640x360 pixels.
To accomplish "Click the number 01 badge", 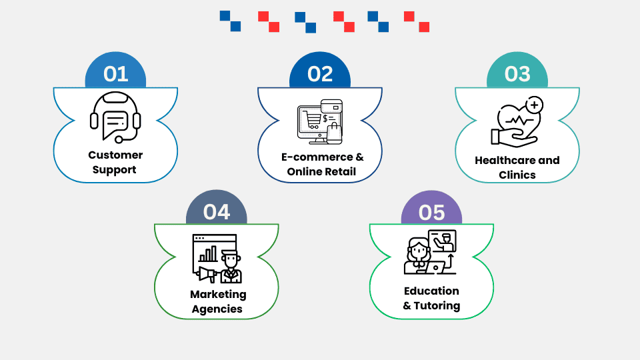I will point(115,73).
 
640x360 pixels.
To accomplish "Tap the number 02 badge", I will point(320,73).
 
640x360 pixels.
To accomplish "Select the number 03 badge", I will point(517,73).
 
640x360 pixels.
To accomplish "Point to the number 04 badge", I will point(217,211).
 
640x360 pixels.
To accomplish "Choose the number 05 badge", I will point(431,212).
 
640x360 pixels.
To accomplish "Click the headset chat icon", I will point(115,118).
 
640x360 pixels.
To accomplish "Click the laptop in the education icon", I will point(435,267).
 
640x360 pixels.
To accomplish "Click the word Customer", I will point(115,155).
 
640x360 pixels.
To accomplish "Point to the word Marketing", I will point(218,294).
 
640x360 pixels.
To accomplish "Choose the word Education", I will point(431,291).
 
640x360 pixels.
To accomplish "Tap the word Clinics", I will point(517,175).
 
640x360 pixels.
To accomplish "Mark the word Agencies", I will point(217,309).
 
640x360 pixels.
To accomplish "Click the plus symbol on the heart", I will point(534,105).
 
